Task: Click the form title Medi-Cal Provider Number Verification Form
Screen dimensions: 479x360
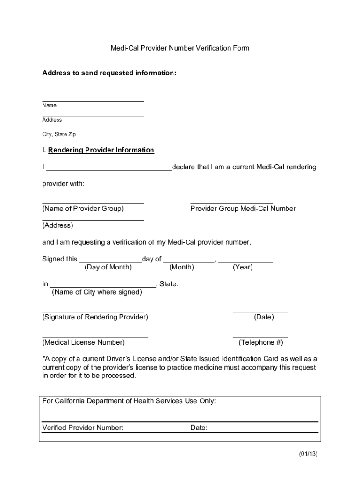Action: click(x=180, y=48)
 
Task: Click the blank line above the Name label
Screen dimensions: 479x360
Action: click(x=93, y=101)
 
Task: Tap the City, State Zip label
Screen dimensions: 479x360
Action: click(x=59, y=134)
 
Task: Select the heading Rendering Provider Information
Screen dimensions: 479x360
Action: click(x=101, y=150)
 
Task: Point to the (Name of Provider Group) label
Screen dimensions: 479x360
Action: click(x=83, y=209)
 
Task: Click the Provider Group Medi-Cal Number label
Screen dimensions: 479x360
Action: click(x=243, y=209)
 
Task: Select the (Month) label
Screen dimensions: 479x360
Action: click(x=181, y=267)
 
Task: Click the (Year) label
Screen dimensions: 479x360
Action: click(x=242, y=267)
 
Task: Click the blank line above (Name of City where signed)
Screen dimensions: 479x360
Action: click(x=102, y=287)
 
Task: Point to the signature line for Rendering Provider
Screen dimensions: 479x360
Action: click(x=93, y=311)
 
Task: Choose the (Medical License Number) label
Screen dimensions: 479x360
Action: click(x=84, y=342)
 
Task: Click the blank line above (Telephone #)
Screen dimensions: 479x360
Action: click(x=260, y=337)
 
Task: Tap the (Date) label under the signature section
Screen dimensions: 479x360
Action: click(x=264, y=317)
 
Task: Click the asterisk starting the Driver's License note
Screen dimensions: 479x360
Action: click(x=44, y=358)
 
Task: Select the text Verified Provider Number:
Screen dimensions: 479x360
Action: click(x=83, y=428)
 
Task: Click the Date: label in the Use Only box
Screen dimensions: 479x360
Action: click(x=199, y=428)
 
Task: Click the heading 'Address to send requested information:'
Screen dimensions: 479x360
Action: click(x=109, y=73)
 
